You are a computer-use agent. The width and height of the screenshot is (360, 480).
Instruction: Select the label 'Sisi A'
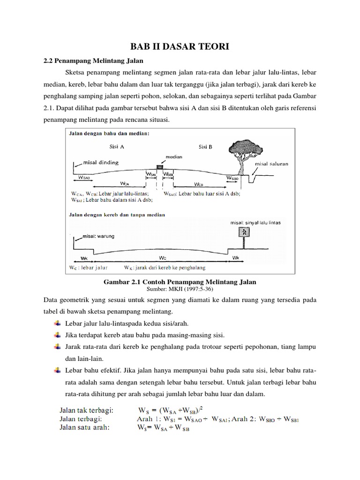coord(117,146)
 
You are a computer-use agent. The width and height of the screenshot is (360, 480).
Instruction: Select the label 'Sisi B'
coord(205,146)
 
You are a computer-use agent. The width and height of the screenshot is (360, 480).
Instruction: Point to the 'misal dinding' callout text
coord(101,163)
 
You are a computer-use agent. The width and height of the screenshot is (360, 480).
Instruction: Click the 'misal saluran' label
coord(271,164)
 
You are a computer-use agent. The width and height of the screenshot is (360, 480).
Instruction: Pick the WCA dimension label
coord(125,184)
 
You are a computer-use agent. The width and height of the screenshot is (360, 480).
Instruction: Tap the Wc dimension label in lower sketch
coord(162,258)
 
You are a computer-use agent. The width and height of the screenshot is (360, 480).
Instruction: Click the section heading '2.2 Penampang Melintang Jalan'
coord(93,60)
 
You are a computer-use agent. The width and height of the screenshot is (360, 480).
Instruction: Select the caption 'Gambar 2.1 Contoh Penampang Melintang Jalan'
coord(180,282)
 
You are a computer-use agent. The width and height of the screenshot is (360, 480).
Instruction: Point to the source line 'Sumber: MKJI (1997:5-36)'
coord(180,289)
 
